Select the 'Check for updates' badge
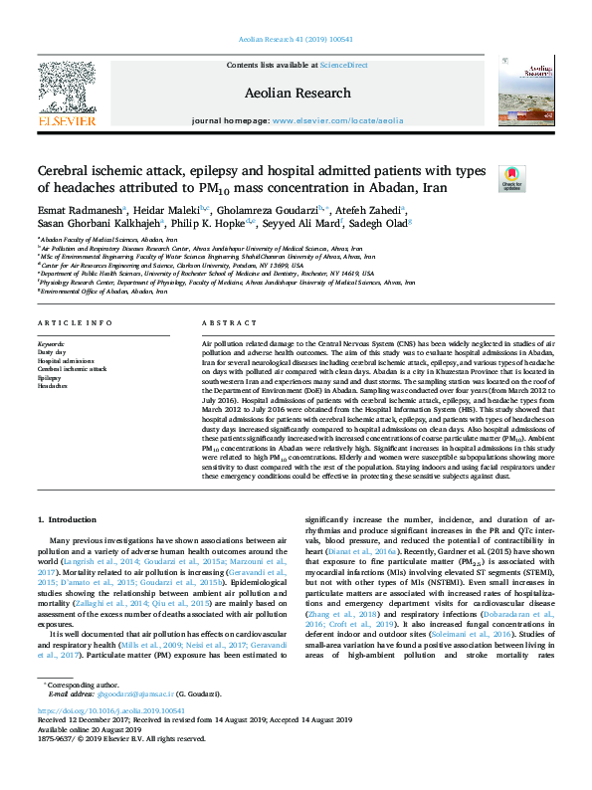point(512,179)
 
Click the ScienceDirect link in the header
point(345,65)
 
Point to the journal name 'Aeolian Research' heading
point(296,94)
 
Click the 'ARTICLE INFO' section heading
point(69,323)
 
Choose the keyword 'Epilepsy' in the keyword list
point(51,378)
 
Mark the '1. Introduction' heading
point(69,519)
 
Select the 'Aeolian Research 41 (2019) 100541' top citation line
point(296,40)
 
